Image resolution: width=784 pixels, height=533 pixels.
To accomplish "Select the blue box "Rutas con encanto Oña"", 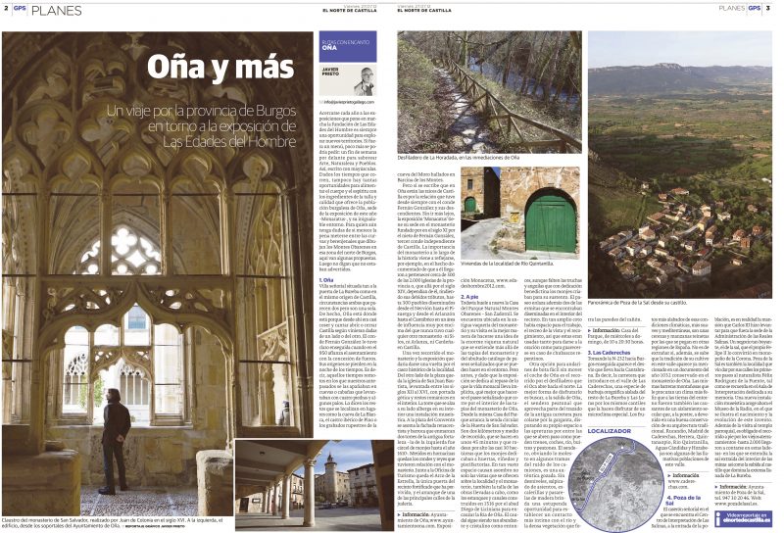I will pyautogui.click(x=347, y=47).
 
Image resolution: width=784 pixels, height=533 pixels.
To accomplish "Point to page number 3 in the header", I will pyautogui.click(x=768, y=8).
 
